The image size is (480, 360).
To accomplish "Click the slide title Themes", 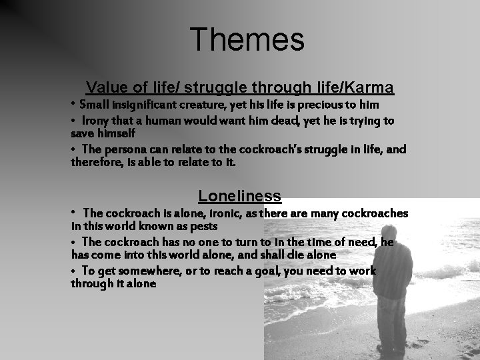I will pyautogui.click(x=247, y=39).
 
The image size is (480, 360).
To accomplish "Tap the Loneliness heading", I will pyautogui.click(x=239, y=196).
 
